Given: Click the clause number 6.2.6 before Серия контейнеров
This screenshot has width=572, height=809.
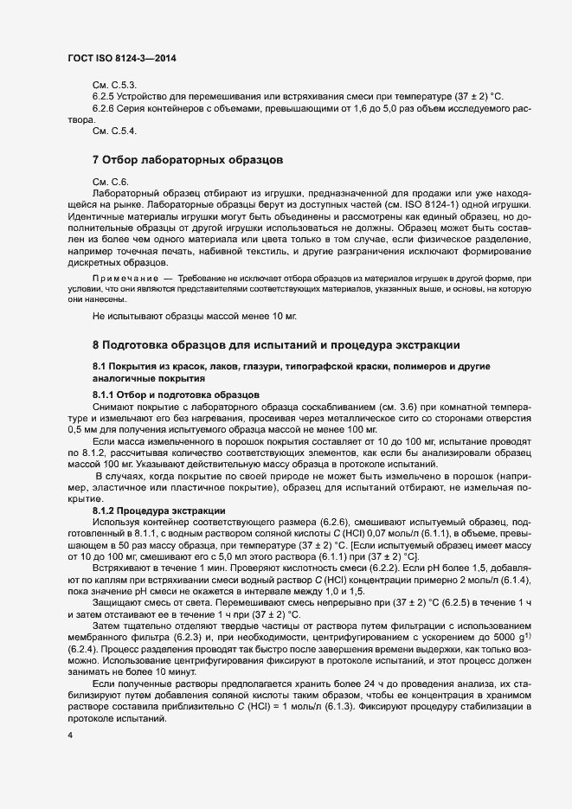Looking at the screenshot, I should click(105, 108).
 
